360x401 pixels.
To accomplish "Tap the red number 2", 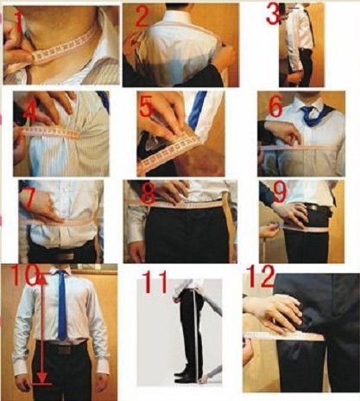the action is [x=142, y=16].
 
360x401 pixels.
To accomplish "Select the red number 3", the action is [x=273, y=14].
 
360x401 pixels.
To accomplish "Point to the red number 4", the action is [x=30, y=114].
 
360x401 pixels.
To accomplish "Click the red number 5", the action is [x=147, y=106].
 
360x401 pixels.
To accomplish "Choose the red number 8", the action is [x=148, y=194].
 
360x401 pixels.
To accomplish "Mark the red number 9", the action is [x=280, y=191].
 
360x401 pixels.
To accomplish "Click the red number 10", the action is [x=25, y=276].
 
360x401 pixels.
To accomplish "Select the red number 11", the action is [x=155, y=282].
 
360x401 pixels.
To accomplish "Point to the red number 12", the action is [x=262, y=276].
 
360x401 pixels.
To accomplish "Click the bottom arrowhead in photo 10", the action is [x=42, y=378].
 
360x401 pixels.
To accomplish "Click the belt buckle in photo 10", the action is [x=64, y=350].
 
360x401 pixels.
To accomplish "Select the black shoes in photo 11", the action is [x=185, y=377].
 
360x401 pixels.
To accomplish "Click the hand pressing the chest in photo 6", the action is [x=282, y=132].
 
